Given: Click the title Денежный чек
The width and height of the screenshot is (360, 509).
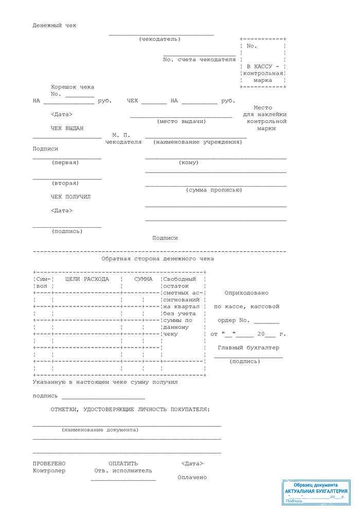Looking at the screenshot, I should [x=55, y=25].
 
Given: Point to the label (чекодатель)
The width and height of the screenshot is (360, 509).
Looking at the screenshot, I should [x=159, y=39].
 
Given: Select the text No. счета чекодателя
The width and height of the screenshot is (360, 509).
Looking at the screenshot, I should [x=199, y=60].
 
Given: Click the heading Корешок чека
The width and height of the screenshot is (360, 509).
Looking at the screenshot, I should [x=73, y=87].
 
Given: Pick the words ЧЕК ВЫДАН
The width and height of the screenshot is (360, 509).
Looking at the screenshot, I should [x=67, y=128].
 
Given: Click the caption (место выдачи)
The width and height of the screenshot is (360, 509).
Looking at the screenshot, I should [x=181, y=121].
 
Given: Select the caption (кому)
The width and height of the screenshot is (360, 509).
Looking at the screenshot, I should [x=188, y=162].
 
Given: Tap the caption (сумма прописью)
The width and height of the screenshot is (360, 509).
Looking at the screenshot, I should [x=213, y=190].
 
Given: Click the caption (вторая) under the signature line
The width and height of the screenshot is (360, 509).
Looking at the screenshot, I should [x=65, y=183].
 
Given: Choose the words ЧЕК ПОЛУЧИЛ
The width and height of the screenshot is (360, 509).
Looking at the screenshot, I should [x=70, y=196].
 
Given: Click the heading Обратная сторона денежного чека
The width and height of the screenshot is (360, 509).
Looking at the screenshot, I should [x=157, y=259].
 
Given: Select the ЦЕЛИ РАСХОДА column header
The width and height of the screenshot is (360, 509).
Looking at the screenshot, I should [x=87, y=279].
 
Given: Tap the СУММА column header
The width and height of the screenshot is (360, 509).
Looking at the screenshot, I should [x=143, y=279].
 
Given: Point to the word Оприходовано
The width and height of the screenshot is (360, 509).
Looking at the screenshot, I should [x=246, y=293].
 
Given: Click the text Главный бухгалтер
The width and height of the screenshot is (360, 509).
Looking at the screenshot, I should [x=248, y=348].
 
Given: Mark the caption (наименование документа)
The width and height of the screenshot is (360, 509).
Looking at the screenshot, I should [x=100, y=429].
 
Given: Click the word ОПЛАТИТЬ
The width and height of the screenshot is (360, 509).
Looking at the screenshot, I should [x=123, y=463].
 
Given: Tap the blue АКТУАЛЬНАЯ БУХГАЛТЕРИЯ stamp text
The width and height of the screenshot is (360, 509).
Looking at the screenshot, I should [x=316, y=491].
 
